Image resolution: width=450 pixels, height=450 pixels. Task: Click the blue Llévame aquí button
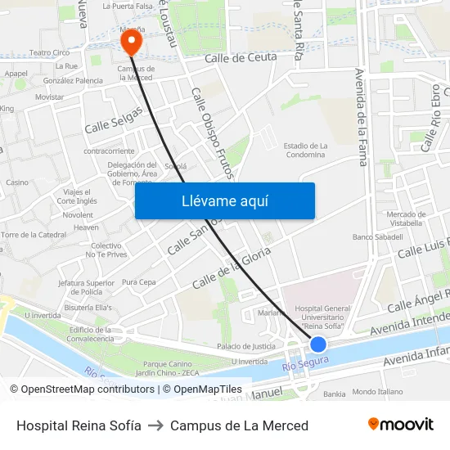point(225,200)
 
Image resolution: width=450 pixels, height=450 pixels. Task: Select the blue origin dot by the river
point(318,344)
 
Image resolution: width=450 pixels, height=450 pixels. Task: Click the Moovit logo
point(400,425)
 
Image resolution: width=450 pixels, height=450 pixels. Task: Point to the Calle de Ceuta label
point(241,57)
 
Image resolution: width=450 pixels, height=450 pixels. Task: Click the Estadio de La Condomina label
point(304,150)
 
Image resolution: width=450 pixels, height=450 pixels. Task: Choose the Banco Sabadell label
point(377,237)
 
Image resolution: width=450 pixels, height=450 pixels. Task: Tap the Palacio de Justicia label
point(246,346)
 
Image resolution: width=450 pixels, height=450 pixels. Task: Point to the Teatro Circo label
point(49,52)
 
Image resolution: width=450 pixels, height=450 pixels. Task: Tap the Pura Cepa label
point(138,282)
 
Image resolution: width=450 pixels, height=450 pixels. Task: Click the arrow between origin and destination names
point(155,425)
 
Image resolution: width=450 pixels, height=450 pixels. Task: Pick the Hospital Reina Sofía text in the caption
point(79,425)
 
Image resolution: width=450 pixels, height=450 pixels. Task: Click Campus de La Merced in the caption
point(239,425)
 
